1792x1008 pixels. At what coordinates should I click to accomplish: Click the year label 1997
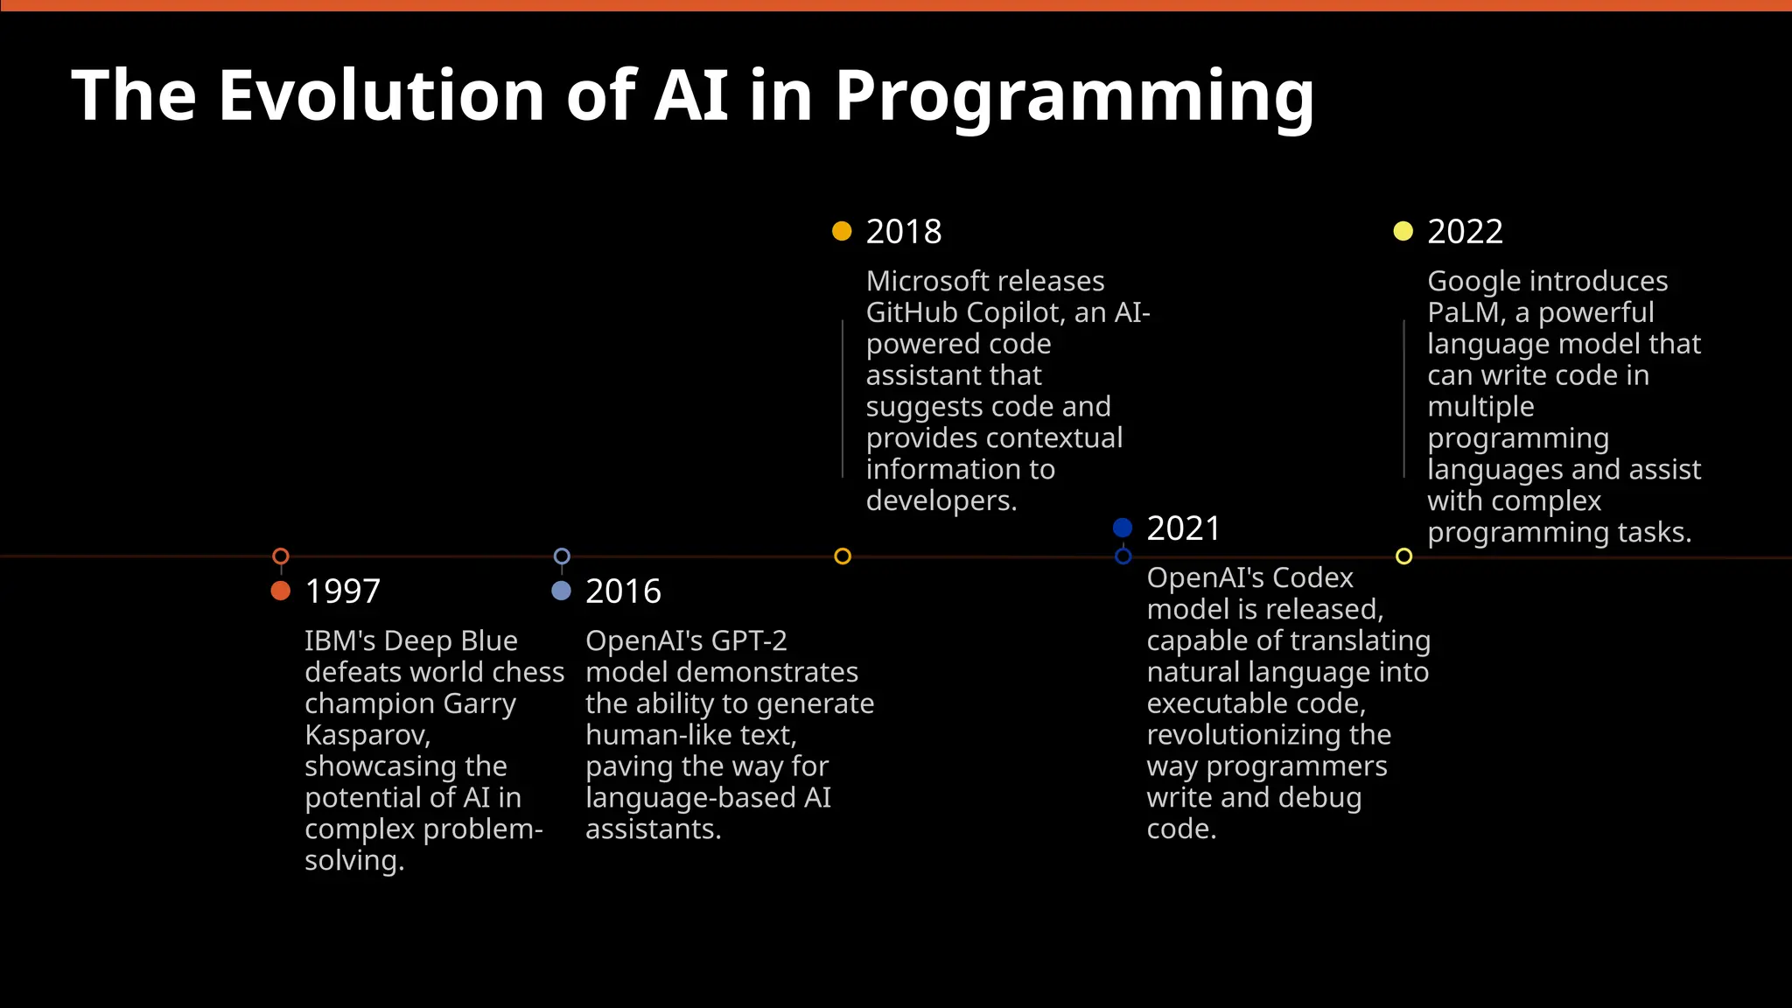[342, 591]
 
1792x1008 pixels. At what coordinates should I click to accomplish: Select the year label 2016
[623, 591]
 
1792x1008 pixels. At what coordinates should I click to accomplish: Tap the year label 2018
[904, 232]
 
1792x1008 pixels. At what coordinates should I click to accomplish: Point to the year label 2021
[1183, 528]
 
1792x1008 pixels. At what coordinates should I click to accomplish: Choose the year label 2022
[1465, 232]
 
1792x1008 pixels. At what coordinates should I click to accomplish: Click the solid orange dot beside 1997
[281, 591]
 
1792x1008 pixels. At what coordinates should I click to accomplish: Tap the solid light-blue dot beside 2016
[562, 591]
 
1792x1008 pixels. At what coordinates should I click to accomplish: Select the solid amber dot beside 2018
[842, 231]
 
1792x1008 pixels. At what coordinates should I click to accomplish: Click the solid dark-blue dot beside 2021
[1123, 528]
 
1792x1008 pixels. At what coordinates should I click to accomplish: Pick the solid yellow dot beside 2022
[1403, 231]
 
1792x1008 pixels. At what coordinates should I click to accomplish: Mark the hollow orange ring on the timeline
[281, 556]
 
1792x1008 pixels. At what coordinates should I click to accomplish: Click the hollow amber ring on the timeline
[843, 556]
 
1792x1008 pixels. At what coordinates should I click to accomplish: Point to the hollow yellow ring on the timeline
[1404, 556]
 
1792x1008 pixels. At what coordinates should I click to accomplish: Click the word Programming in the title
[1074, 96]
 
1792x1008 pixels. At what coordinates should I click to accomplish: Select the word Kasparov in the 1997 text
[366, 735]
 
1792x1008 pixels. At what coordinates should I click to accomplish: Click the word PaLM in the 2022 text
[1466, 312]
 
